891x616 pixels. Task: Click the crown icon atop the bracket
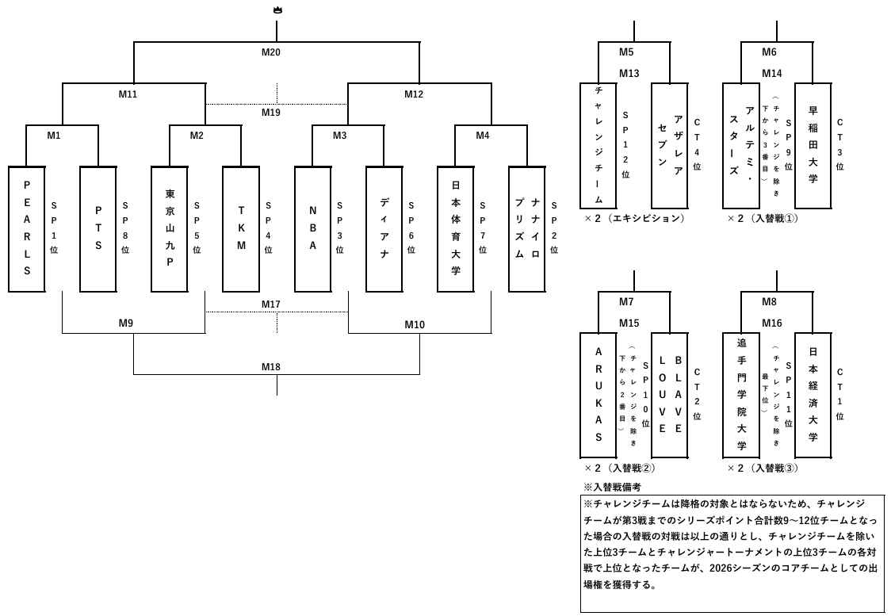[277, 10]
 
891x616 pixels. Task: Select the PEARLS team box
[27, 229]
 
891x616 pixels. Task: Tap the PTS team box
[98, 229]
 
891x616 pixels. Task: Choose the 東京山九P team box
[170, 229]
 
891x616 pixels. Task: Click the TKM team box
[241, 229]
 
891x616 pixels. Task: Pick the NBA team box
[312, 229]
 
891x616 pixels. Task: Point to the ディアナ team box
[384, 229]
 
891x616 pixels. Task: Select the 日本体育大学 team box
[455, 229]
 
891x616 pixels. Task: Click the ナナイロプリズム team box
[527, 229]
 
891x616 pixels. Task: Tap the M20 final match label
[271, 52]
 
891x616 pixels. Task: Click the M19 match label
[271, 113]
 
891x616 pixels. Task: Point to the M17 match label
[271, 304]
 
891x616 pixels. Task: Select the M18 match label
[271, 367]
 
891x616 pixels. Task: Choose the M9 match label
[126, 323]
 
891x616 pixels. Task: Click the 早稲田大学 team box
[813, 145]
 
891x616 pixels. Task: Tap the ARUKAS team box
[598, 394]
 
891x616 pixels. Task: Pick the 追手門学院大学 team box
[741, 394]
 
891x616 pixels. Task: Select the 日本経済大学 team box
[813, 394]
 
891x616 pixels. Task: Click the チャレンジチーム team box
[598, 145]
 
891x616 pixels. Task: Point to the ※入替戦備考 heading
[612, 487]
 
